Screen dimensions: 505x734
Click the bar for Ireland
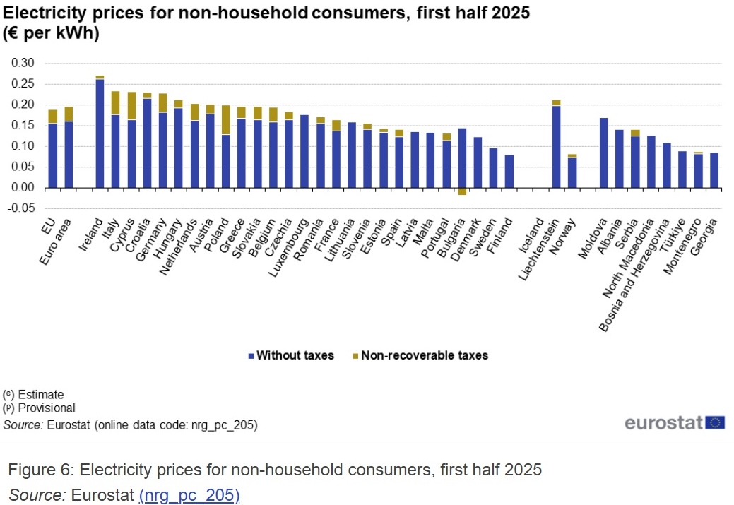(x=100, y=134)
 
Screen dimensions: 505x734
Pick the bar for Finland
(x=509, y=171)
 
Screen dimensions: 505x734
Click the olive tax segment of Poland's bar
(x=226, y=120)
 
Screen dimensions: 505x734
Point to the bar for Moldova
(x=603, y=153)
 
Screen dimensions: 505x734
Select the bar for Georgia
(x=714, y=170)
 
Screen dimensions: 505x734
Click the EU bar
(x=52, y=155)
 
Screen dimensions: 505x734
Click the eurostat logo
(x=675, y=422)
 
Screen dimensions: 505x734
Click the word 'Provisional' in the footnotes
(x=47, y=408)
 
